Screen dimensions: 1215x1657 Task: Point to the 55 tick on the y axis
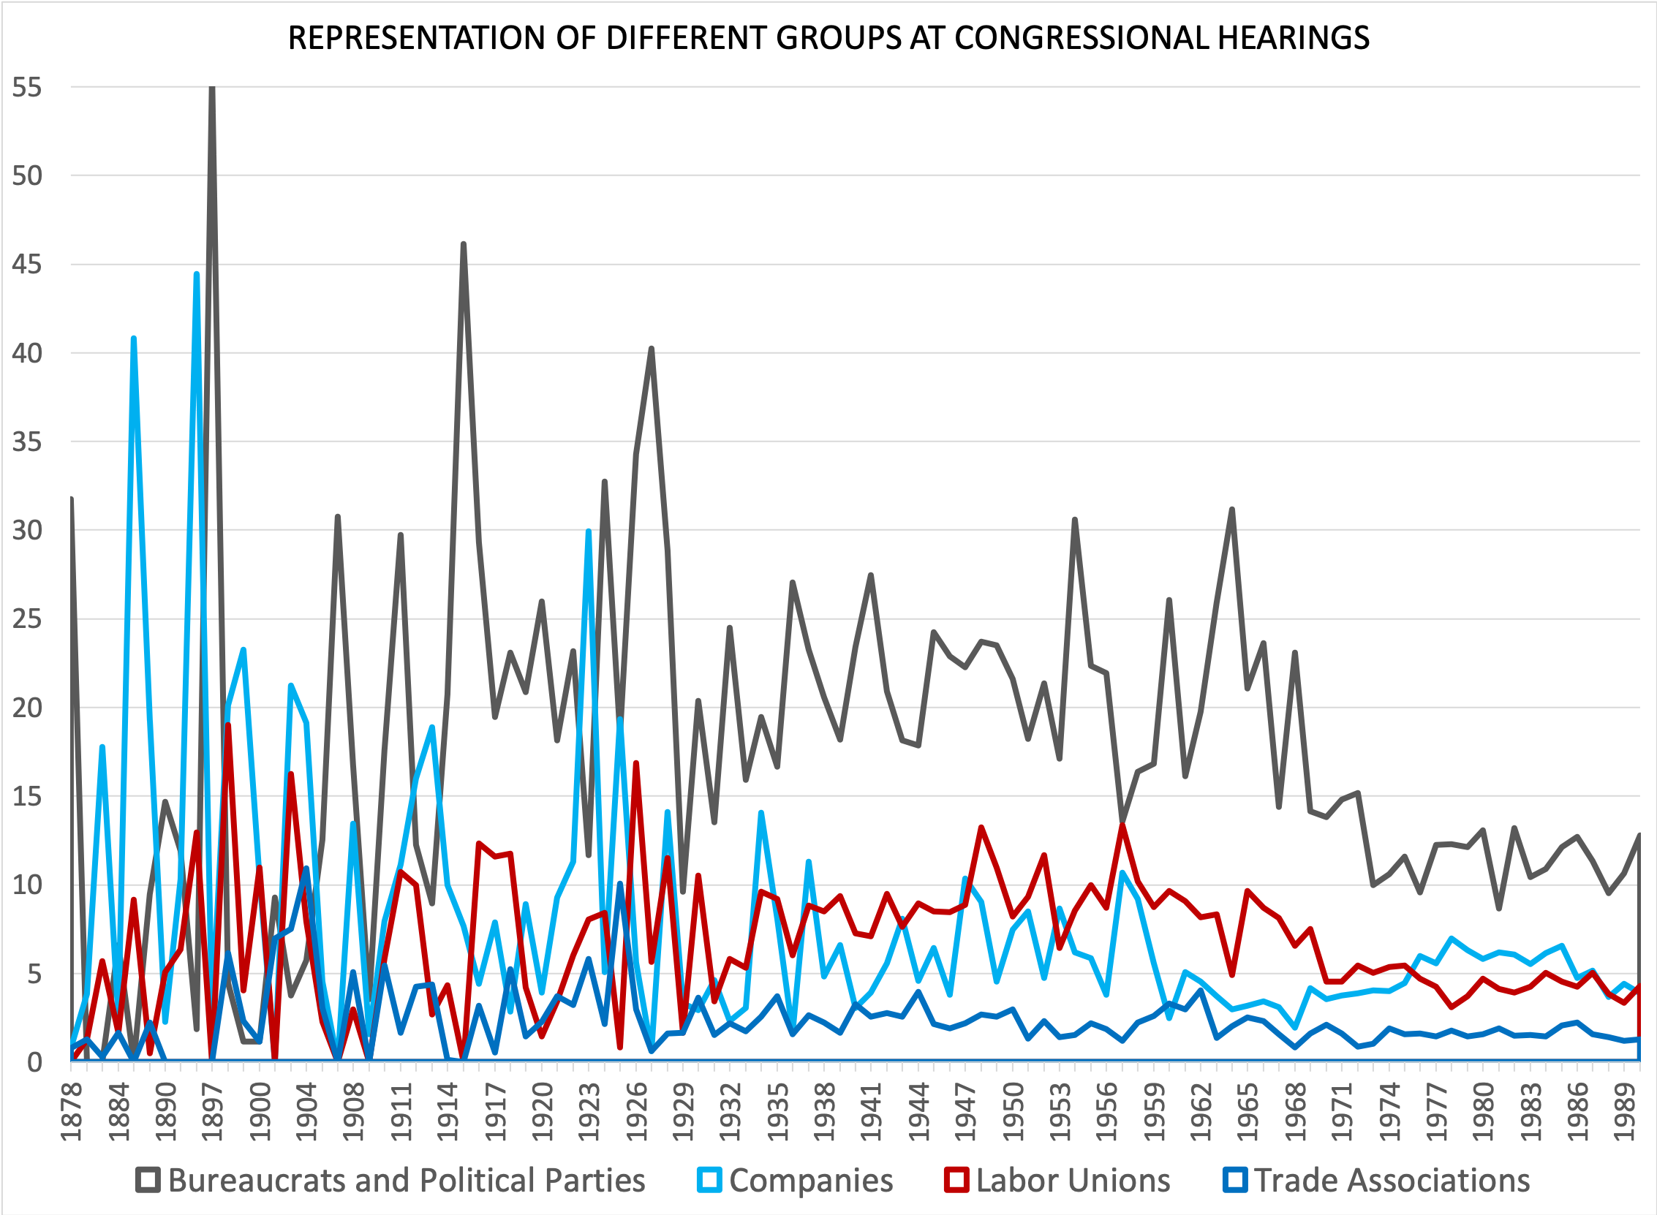pos(27,88)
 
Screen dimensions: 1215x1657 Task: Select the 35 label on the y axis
pos(27,442)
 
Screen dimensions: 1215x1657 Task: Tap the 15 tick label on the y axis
pos(27,797)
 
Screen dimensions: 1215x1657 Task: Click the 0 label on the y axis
pos(34,1062)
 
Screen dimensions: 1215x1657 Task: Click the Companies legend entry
pos(810,1181)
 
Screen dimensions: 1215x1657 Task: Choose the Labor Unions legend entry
pos(1072,1181)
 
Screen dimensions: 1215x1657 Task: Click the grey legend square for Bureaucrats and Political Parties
pos(148,1181)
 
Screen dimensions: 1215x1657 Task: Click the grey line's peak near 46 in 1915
pos(464,244)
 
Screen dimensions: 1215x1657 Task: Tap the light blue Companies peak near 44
pos(197,274)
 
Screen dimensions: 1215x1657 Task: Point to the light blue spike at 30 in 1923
pos(589,531)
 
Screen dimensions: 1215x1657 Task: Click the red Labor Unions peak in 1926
pos(635,763)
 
